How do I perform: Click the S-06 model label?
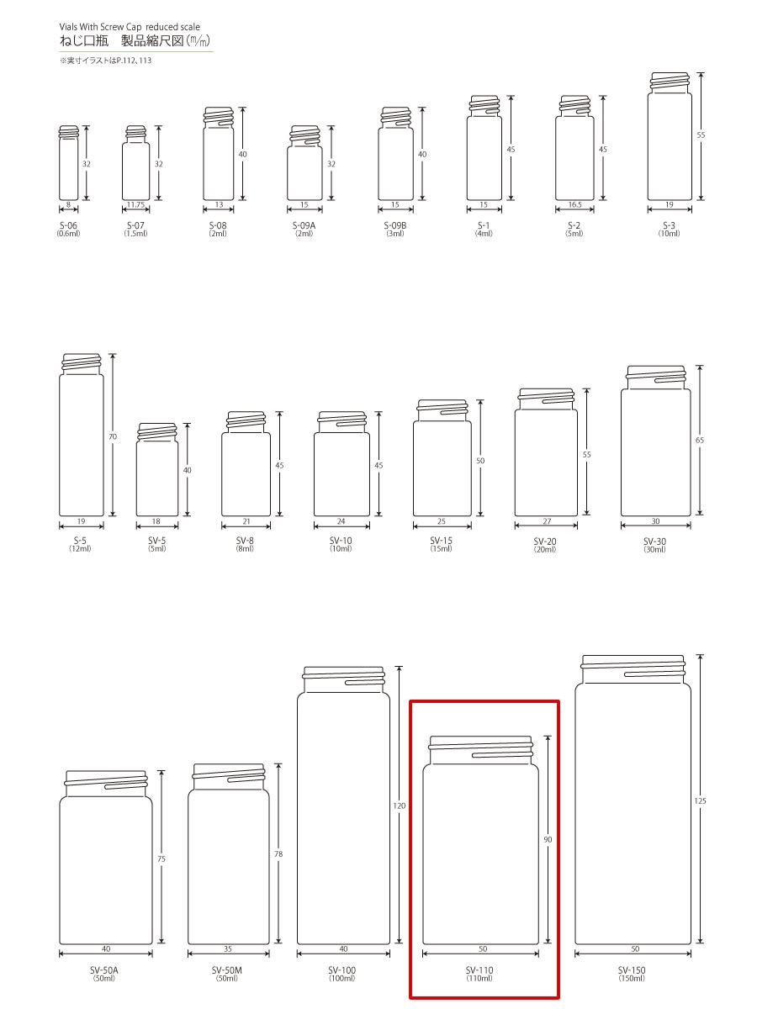(68, 225)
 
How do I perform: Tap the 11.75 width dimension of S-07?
(135, 204)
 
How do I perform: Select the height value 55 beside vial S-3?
(701, 135)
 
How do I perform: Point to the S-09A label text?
(304, 225)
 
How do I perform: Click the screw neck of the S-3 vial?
(670, 82)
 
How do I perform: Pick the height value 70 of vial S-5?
(113, 436)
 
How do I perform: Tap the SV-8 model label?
(245, 541)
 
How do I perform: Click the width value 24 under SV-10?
(341, 521)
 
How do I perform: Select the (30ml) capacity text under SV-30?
(654, 549)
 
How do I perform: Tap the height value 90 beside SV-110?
(548, 839)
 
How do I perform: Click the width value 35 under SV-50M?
(228, 948)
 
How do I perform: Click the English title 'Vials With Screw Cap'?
(101, 27)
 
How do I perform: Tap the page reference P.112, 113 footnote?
(134, 61)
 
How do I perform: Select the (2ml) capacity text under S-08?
(218, 234)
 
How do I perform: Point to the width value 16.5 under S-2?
(574, 204)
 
